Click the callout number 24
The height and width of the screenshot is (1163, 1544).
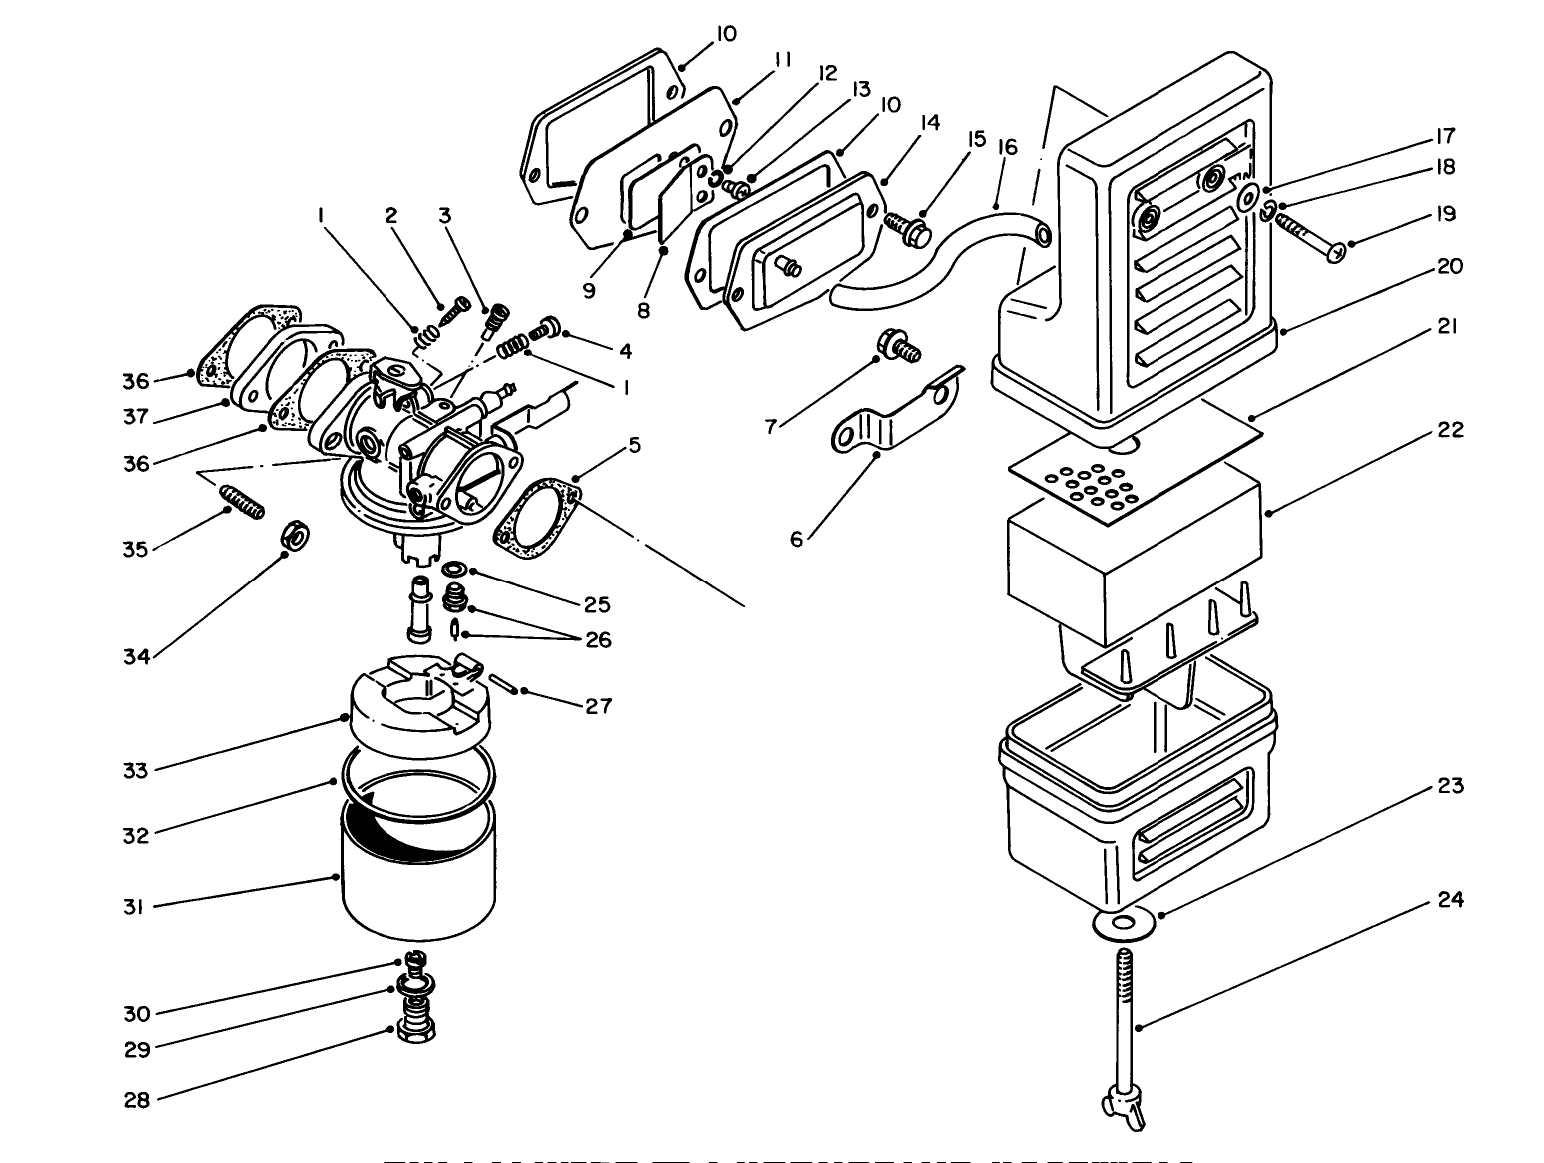[1450, 900]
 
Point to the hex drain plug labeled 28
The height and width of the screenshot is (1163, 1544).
[413, 1029]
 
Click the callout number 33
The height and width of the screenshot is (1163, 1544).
[135, 770]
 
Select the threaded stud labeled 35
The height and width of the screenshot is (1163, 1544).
[241, 499]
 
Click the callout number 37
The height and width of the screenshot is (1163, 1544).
[136, 417]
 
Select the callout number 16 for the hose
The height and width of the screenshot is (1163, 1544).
[1006, 148]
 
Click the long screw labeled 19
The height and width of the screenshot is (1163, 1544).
[1308, 237]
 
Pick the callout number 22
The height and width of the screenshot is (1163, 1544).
[1450, 430]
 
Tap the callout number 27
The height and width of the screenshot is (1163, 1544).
[598, 706]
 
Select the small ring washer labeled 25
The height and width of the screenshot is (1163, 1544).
[456, 569]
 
